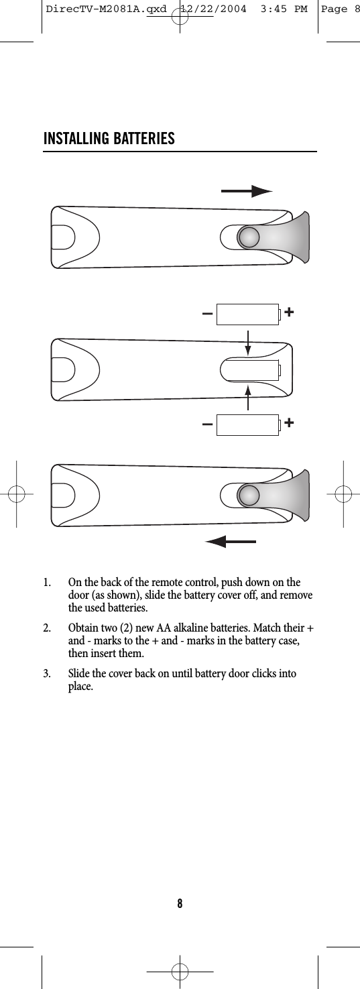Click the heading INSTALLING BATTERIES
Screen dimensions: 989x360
(109, 139)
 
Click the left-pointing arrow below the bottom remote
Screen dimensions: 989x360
(231, 541)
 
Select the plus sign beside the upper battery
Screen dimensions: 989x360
(289, 312)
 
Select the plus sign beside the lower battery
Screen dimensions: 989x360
(289, 423)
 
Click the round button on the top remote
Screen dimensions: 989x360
(249, 237)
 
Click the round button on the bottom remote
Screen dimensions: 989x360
(249, 495)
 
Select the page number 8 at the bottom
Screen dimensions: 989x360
(180, 903)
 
